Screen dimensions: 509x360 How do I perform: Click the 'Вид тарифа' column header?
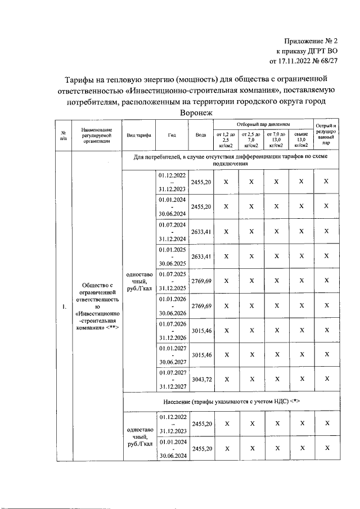139,136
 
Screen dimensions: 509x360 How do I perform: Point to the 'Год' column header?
172,136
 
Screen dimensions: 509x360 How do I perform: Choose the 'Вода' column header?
201,136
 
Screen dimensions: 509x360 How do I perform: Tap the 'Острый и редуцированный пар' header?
326,135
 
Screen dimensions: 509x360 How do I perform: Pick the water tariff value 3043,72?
201,380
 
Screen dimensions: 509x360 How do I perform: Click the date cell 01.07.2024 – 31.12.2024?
172,232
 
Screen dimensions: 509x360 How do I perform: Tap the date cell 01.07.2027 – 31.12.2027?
172,379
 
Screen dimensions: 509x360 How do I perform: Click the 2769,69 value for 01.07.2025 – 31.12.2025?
201,281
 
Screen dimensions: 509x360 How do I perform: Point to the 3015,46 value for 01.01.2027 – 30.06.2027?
201,355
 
